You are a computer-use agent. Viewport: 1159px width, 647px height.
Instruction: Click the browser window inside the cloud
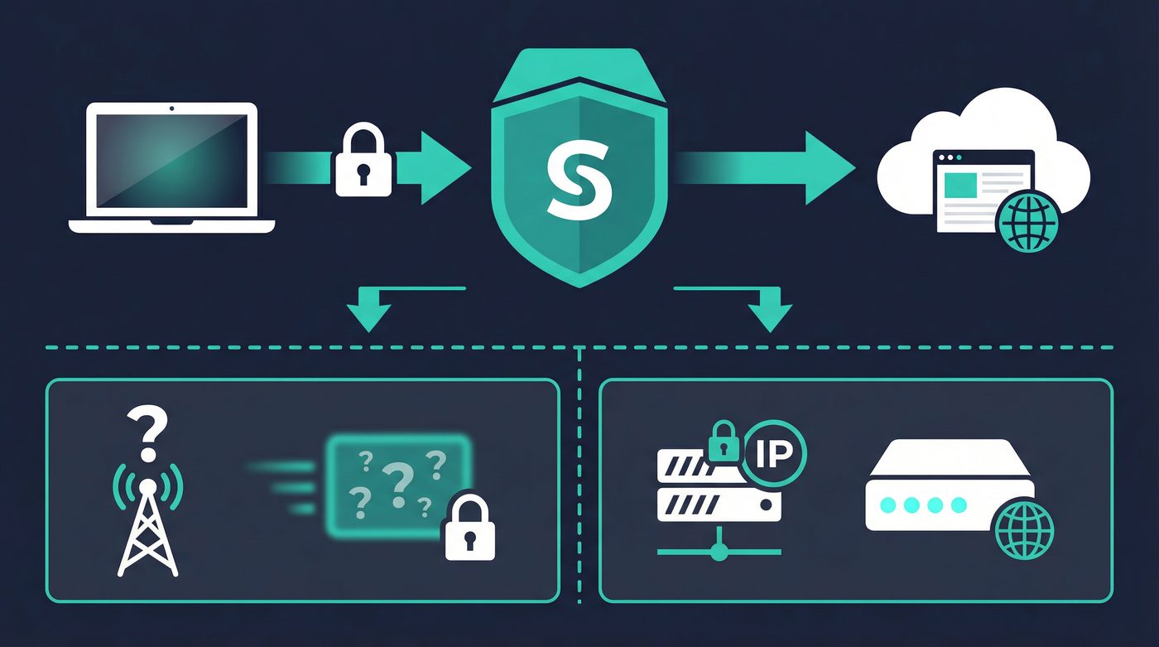coord(982,189)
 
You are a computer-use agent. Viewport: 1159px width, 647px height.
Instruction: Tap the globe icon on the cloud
coord(1028,221)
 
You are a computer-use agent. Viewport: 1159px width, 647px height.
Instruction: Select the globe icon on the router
coord(1026,531)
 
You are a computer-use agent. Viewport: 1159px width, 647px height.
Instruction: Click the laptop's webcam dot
coord(172,109)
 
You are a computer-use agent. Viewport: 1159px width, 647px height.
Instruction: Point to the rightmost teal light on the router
coord(958,505)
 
